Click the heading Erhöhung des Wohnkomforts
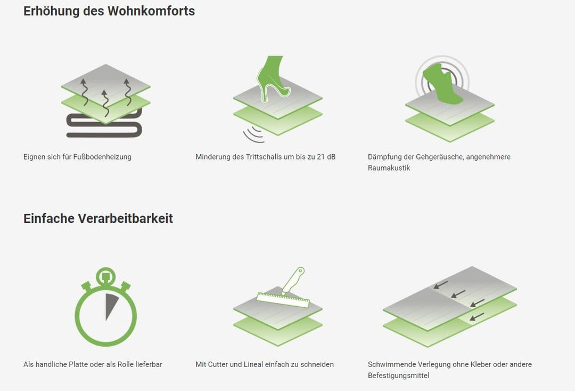109,11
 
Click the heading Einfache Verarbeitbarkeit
98,218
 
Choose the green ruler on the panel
282,300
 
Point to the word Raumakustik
389,168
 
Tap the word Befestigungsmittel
398,376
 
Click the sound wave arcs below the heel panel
253,135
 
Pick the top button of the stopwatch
105,276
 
